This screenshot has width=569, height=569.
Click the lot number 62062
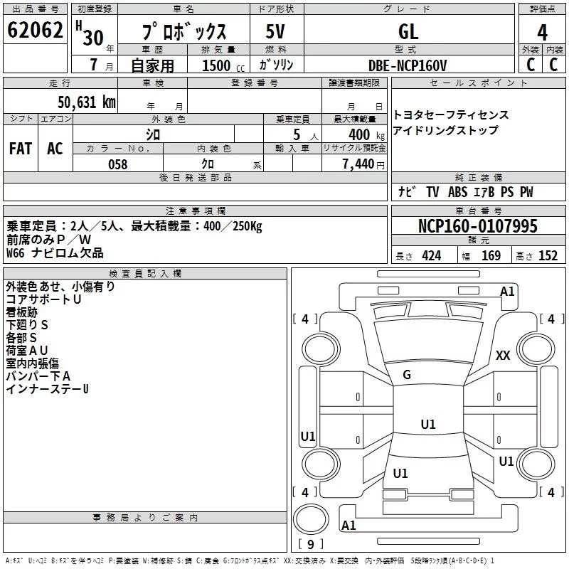(35, 30)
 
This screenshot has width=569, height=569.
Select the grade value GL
(408, 31)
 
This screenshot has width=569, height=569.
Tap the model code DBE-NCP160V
(407, 65)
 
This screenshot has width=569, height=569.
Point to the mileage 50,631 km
(87, 102)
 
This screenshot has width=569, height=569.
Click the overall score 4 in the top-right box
(542, 33)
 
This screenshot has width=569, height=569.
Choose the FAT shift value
(21, 149)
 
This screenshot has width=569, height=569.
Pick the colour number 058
(118, 164)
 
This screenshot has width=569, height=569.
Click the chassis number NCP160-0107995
(477, 226)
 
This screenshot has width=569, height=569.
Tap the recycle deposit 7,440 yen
(363, 164)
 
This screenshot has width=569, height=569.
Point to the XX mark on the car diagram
(503, 355)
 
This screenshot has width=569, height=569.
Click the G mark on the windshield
(407, 375)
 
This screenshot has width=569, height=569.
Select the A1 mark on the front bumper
(507, 292)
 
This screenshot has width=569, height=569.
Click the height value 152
(548, 256)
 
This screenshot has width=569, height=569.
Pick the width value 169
(491, 256)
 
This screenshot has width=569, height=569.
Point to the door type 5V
(275, 31)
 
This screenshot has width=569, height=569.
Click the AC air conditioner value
(55, 149)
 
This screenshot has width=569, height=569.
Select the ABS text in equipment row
(457, 192)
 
